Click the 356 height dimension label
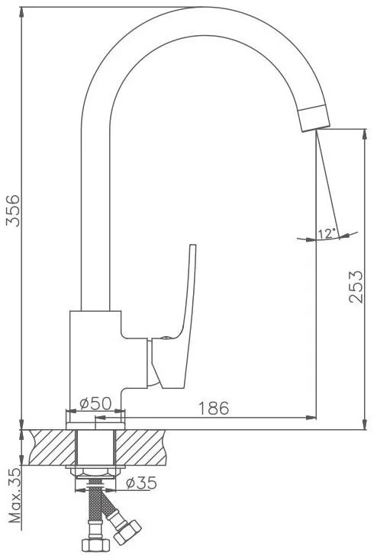14,210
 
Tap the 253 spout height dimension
356,287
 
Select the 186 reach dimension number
214,408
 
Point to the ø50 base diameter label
95,403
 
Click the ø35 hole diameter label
141,483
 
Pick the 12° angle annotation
327,233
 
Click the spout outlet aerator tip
314,118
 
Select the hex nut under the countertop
95,472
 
